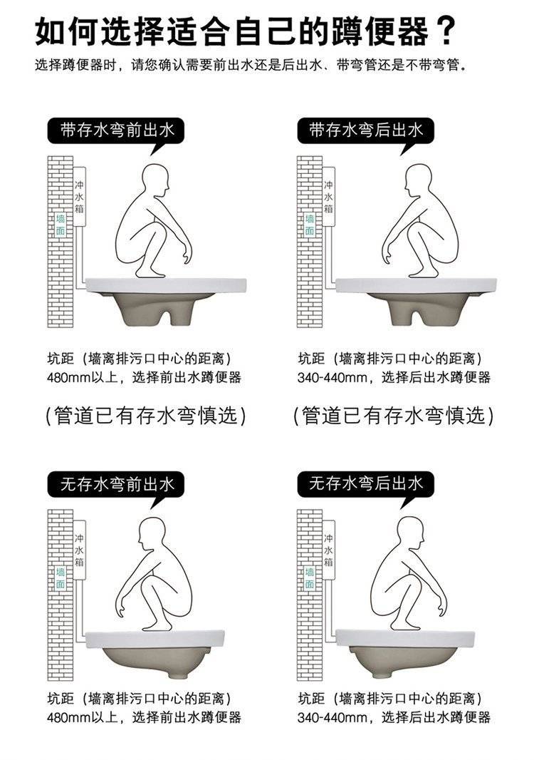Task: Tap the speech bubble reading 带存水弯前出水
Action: click(x=116, y=130)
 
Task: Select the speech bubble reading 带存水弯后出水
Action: click(x=365, y=130)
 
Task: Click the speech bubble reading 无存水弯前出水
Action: click(x=116, y=483)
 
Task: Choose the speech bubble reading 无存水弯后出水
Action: click(x=365, y=483)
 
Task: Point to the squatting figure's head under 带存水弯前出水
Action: click(x=157, y=180)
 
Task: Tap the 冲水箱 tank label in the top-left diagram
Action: click(x=80, y=197)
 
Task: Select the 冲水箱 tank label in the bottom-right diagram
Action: click(x=329, y=550)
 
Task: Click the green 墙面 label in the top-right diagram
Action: click(x=310, y=225)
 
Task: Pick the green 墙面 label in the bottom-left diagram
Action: click(x=61, y=577)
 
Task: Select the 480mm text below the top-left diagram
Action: click(x=69, y=378)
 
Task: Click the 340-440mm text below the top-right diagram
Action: click(x=332, y=378)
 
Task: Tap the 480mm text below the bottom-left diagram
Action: click(x=69, y=717)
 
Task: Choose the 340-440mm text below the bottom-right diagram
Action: click(x=332, y=717)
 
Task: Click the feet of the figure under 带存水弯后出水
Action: click(x=423, y=274)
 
